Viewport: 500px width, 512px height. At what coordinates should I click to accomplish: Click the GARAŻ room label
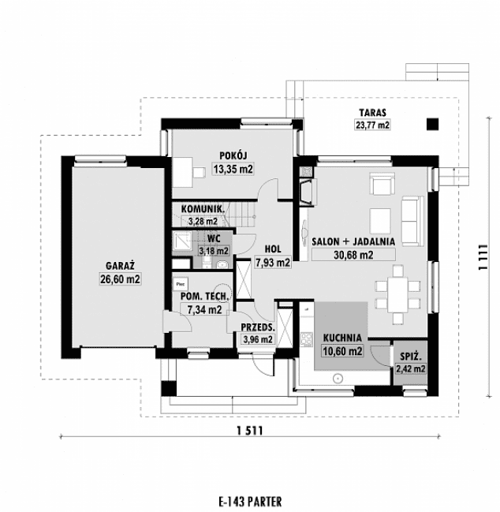121,266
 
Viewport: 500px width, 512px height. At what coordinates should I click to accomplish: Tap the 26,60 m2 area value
121,279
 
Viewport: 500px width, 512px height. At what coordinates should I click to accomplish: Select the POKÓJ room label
233,155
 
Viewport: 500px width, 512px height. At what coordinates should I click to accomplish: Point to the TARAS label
372,113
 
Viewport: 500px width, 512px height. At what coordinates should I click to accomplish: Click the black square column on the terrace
433,124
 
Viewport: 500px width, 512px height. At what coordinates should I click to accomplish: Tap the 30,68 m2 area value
353,255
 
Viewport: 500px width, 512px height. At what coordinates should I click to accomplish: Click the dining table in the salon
397,295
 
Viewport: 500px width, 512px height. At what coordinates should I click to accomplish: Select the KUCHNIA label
342,338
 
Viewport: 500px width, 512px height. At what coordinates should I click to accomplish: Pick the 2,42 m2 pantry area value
411,369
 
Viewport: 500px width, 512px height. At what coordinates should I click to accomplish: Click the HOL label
273,249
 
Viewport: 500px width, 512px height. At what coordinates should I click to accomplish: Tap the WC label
214,239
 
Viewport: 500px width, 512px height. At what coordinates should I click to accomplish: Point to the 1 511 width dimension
250,431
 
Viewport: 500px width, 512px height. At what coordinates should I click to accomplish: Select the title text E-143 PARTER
250,501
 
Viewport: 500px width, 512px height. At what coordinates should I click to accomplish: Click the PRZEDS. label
258,327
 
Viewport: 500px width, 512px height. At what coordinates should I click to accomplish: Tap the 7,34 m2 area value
204,309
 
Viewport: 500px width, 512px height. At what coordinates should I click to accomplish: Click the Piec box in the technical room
181,285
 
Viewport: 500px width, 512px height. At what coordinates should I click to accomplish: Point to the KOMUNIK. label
203,208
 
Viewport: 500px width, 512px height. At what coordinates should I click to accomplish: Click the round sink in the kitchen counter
338,379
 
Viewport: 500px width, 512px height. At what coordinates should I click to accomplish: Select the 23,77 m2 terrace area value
372,125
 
